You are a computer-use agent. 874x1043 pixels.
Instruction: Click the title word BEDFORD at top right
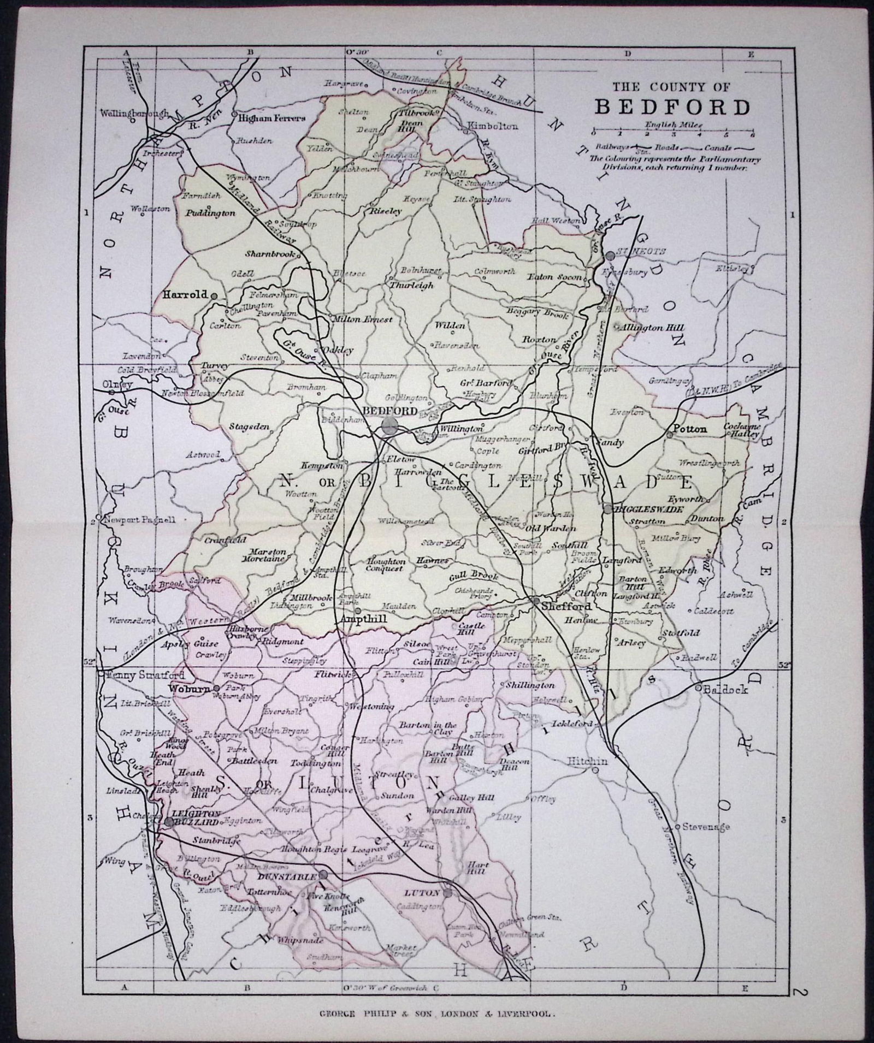click(x=672, y=107)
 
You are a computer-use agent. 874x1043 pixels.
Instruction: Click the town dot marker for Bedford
click(x=390, y=426)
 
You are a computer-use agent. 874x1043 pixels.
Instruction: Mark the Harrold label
click(x=185, y=294)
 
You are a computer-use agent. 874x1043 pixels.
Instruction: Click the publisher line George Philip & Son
click(x=436, y=1012)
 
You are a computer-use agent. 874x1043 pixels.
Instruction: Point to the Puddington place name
click(x=211, y=214)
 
